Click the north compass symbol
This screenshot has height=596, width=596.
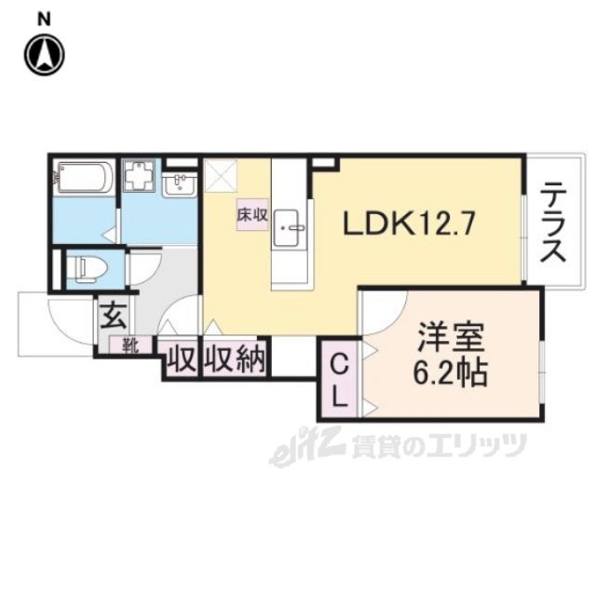point(44,55)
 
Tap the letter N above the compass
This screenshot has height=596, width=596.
point(44,19)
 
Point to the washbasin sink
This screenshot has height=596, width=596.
point(181,184)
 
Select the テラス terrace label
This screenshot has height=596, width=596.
point(553,224)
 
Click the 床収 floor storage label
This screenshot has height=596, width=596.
point(251,214)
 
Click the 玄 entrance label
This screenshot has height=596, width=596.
point(114,315)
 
